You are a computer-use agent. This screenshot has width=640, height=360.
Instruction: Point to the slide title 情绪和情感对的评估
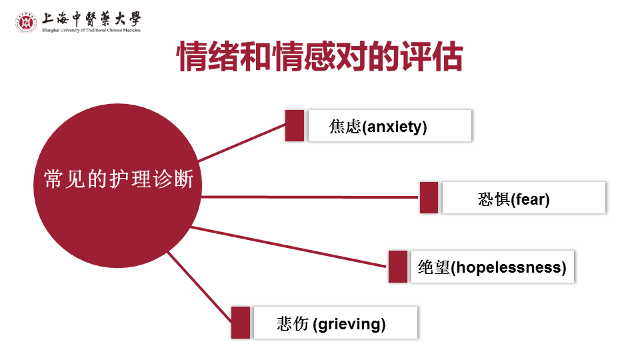(x=319, y=57)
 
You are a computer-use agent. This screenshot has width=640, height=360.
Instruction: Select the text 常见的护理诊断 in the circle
(x=119, y=179)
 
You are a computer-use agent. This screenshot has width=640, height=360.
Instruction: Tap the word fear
(x=531, y=199)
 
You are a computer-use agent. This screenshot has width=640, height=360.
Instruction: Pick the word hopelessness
(x=511, y=267)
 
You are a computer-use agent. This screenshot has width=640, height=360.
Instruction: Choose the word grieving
(x=350, y=325)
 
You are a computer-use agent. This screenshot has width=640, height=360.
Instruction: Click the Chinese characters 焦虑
(x=345, y=127)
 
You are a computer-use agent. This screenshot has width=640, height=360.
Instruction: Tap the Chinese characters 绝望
(x=433, y=267)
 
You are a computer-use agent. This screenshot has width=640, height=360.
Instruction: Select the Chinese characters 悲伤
(x=293, y=325)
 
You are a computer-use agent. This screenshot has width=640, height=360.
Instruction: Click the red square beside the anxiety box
(x=295, y=125)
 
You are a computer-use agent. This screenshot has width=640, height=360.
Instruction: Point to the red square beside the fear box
(x=429, y=197)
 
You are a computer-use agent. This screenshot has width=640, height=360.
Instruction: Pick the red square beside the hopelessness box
(x=398, y=267)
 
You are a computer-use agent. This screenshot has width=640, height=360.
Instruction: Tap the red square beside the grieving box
(x=241, y=323)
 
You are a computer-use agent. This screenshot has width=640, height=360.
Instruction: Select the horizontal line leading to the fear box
(x=310, y=197)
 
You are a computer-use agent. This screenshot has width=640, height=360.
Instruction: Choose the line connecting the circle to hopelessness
(x=287, y=246)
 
